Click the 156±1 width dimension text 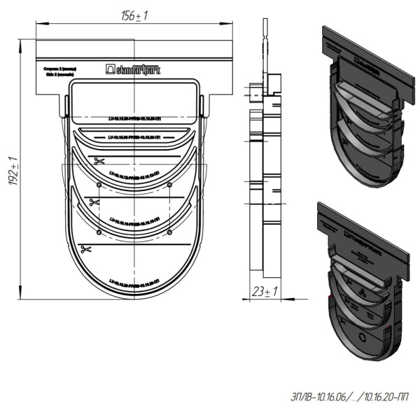(x=135, y=15)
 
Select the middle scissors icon (x=93, y=203)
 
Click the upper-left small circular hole (x=99, y=184)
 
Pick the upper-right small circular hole (x=170, y=184)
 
